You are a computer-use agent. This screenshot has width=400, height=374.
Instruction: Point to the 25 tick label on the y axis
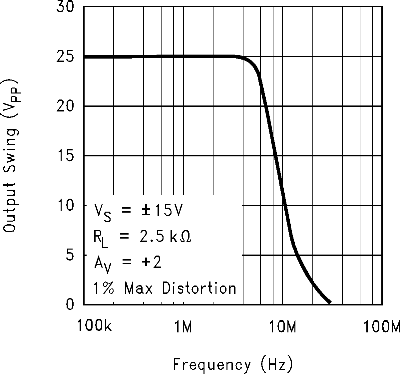click(66, 57)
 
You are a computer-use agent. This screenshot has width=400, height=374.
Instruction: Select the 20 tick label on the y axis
click(66, 106)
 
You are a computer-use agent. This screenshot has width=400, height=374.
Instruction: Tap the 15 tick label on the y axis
click(66, 156)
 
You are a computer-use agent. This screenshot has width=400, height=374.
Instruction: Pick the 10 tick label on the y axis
click(66, 206)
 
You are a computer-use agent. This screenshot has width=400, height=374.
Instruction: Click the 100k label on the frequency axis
click(94, 327)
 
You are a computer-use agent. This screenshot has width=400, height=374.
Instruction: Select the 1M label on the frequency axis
click(184, 327)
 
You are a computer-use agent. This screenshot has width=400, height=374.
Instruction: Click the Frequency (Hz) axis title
click(233, 364)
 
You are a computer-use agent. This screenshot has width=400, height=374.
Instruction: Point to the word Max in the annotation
click(139, 288)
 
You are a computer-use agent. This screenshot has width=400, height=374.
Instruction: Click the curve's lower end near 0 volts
click(329, 302)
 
